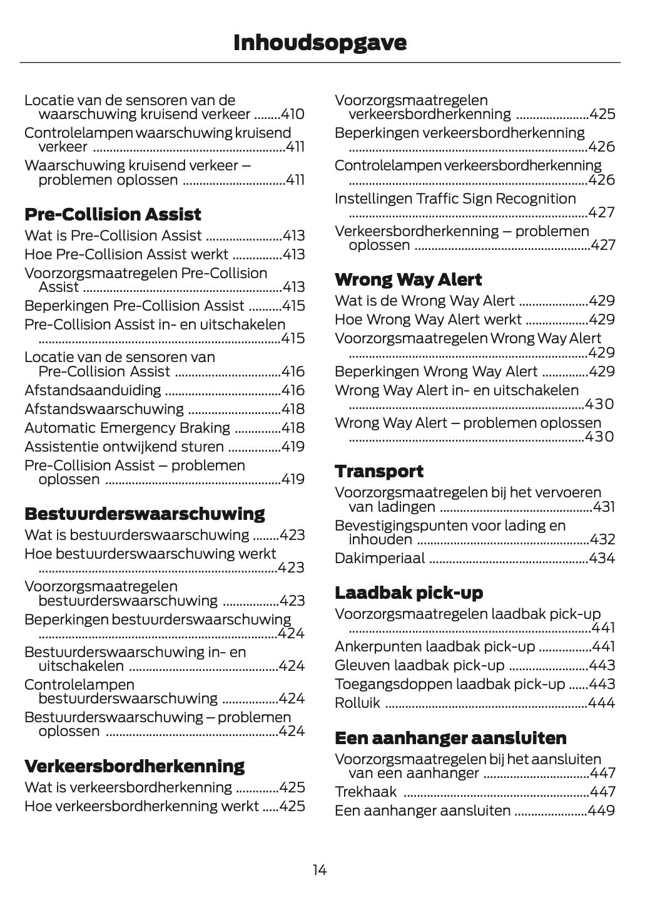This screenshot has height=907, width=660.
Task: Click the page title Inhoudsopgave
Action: [x=320, y=43]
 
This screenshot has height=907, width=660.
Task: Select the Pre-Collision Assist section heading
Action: [x=113, y=214]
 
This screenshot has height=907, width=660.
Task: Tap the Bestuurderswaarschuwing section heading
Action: [x=145, y=514]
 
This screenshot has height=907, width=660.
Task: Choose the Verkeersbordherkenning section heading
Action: [x=135, y=766]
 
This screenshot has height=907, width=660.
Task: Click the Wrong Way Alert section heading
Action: [x=408, y=279]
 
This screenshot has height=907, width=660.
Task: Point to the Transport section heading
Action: [x=378, y=471]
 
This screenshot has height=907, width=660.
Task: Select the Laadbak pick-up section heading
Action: [x=409, y=593]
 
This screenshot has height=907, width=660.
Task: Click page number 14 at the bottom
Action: [x=320, y=870]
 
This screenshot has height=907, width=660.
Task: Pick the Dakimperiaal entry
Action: [x=380, y=558]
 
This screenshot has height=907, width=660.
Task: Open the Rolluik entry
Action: [x=357, y=703]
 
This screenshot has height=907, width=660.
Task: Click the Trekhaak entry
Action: [x=365, y=792]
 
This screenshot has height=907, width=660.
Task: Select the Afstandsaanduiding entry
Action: [x=93, y=390]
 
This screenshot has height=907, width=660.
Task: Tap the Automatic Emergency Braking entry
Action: [x=127, y=428]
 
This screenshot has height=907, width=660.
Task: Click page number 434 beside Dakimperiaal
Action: [x=602, y=558]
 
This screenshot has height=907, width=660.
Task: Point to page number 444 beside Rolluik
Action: [x=602, y=703]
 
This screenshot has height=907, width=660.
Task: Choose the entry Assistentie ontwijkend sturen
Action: [x=124, y=447]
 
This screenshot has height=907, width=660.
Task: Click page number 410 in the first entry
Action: [x=292, y=114]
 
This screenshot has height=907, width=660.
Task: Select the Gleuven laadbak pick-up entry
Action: [x=419, y=665]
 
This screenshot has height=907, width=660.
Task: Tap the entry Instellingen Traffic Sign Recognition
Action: [x=455, y=199]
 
